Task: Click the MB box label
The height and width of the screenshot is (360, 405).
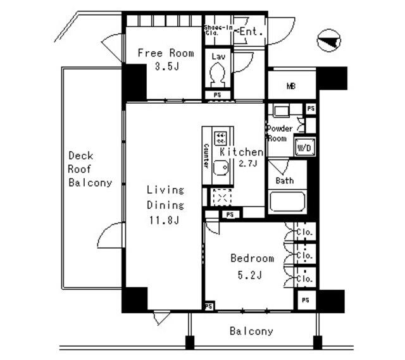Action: (x=291, y=87)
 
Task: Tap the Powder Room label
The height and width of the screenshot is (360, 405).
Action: (x=279, y=133)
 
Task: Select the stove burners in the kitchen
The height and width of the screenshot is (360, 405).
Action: (x=221, y=137)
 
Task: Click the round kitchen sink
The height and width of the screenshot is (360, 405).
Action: (x=220, y=169)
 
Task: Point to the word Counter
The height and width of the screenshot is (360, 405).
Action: (x=206, y=156)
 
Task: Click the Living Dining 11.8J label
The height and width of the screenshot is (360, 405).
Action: (x=165, y=205)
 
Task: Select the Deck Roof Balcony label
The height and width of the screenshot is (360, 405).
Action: (x=90, y=170)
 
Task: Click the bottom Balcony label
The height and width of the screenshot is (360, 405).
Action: (x=251, y=331)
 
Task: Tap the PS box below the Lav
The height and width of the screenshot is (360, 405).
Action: (x=217, y=96)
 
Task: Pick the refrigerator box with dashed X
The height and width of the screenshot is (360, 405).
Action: (x=221, y=198)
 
